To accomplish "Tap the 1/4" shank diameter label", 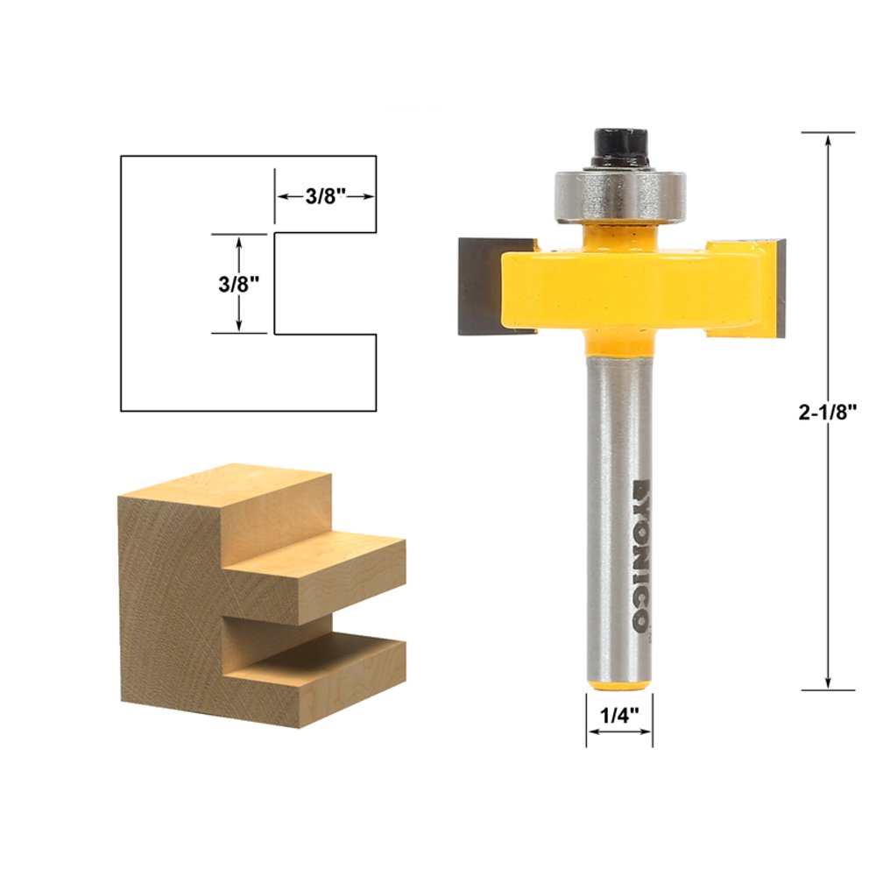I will [x=619, y=714].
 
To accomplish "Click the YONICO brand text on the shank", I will [x=639, y=552].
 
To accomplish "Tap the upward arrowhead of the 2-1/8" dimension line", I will [x=828, y=140].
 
